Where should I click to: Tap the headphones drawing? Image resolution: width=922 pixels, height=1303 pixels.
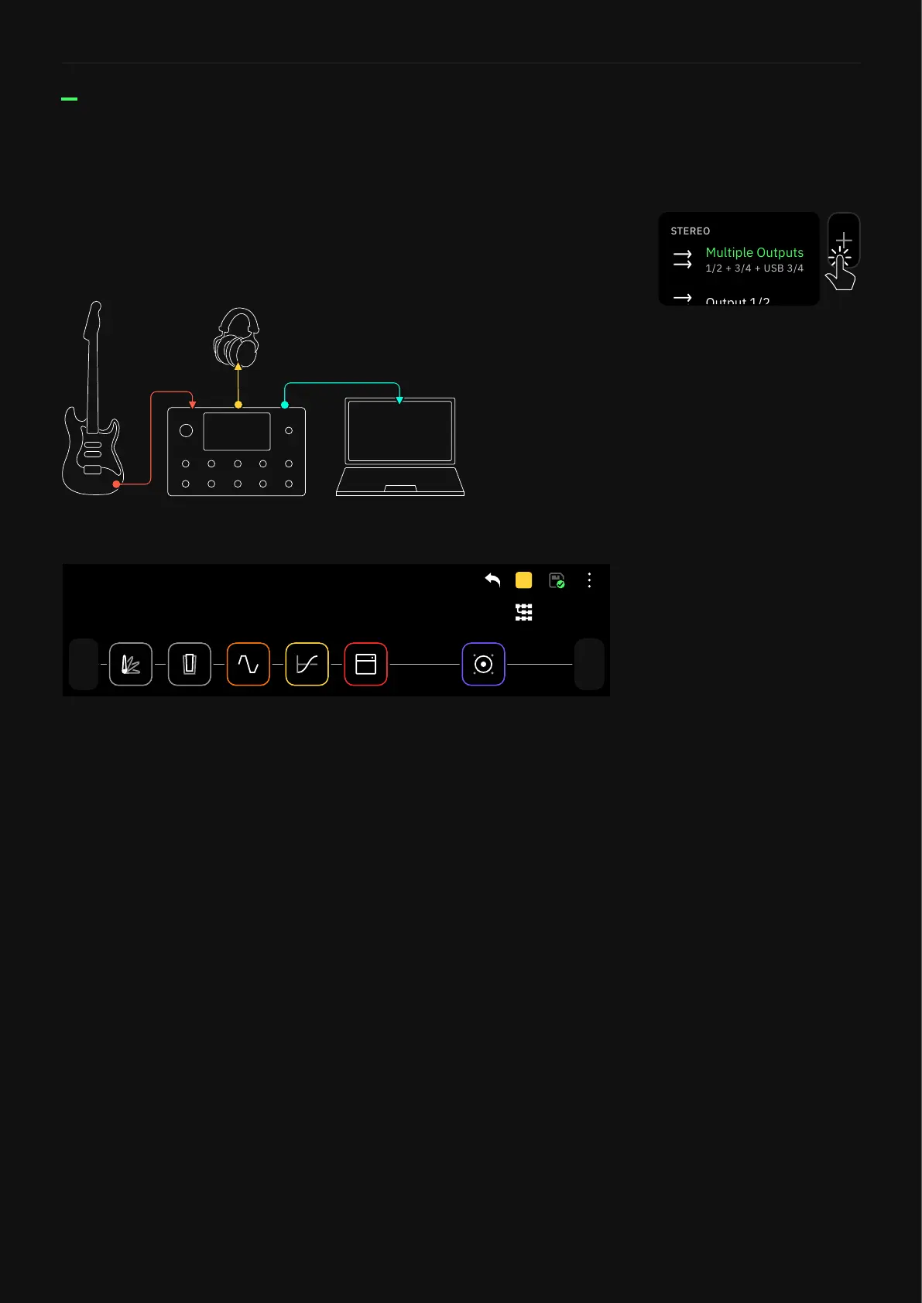pyautogui.click(x=237, y=339)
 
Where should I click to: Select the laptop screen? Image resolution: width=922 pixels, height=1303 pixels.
pyautogui.click(x=399, y=431)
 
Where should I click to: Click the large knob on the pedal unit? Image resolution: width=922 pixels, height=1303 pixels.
pyautogui.click(x=186, y=431)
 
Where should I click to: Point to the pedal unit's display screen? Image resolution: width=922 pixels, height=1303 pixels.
pyautogui.click(x=237, y=431)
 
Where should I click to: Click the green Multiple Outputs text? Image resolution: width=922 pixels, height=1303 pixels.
pyautogui.click(x=754, y=253)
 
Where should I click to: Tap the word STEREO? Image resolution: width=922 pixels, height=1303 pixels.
pyautogui.click(x=690, y=231)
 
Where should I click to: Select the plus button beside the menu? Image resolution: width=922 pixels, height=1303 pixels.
pyautogui.click(x=844, y=240)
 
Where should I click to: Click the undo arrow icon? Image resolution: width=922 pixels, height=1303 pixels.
pyautogui.click(x=492, y=580)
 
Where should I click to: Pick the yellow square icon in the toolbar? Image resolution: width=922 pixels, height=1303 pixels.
pyautogui.click(x=524, y=580)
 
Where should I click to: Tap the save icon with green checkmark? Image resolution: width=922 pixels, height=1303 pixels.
pyautogui.click(x=557, y=580)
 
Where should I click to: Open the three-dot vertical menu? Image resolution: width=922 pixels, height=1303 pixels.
pyautogui.click(x=589, y=580)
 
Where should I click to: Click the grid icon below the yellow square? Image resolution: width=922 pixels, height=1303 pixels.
pyautogui.click(x=524, y=613)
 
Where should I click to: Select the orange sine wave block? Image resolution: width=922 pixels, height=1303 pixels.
pyautogui.click(x=248, y=664)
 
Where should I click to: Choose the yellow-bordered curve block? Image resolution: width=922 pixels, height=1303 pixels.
pyautogui.click(x=307, y=664)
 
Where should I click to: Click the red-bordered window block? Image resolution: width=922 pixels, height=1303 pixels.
pyautogui.click(x=365, y=664)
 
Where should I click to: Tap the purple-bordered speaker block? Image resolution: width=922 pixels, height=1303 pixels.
pyautogui.click(x=483, y=664)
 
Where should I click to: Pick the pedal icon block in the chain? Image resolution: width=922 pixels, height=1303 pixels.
pyautogui.click(x=190, y=664)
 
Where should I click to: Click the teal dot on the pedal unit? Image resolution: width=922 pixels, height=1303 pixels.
pyautogui.click(x=285, y=405)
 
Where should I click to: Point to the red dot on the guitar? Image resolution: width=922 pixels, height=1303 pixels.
pyautogui.click(x=116, y=484)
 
